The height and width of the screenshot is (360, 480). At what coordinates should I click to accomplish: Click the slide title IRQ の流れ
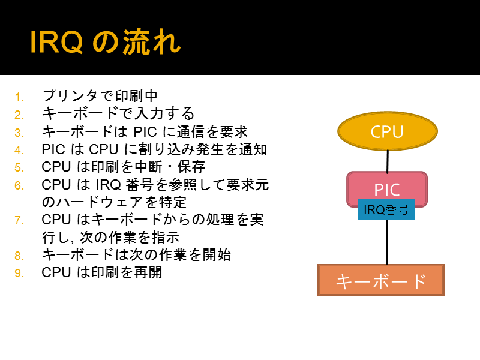(106, 42)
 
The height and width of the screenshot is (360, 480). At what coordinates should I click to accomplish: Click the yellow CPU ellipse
(388, 131)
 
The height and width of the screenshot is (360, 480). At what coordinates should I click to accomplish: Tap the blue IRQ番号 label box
(386, 209)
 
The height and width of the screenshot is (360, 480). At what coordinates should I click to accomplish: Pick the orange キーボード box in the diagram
(381, 280)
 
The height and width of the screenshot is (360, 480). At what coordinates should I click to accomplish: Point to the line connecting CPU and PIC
(388, 161)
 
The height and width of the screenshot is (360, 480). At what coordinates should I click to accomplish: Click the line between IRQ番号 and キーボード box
(386, 242)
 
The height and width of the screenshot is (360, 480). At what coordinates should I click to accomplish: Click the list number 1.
(19, 97)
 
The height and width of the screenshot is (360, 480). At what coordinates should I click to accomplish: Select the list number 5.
(19, 168)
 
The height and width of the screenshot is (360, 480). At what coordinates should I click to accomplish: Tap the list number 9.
(19, 273)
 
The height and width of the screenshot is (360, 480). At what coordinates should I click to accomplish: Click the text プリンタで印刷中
(100, 96)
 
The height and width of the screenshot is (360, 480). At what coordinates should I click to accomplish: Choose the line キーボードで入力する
(118, 113)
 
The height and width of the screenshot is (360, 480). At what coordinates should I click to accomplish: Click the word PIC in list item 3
(145, 132)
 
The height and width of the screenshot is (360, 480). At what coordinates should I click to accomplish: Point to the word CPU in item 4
(103, 149)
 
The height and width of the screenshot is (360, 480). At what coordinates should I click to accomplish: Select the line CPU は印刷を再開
(101, 272)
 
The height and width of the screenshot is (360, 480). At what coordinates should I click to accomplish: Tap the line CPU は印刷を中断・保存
(124, 167)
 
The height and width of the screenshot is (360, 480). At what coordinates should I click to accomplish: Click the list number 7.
(19, 220)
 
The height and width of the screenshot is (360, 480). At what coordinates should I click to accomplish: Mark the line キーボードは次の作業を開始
(136, 254)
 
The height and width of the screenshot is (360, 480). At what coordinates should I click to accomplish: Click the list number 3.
(19, 133)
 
